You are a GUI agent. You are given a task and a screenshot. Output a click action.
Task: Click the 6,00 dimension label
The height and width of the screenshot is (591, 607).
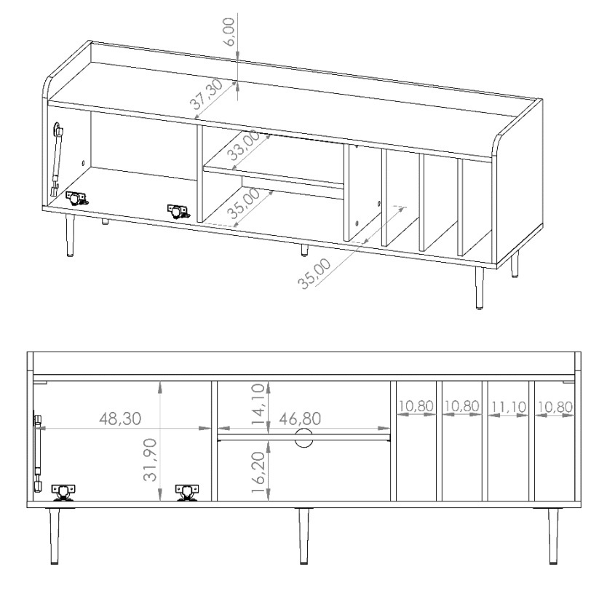point(229,32)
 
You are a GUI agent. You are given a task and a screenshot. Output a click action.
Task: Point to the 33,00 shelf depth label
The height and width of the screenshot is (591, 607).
point(245,145)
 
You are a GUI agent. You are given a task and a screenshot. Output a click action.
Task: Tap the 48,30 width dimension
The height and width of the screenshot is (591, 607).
point(120,419)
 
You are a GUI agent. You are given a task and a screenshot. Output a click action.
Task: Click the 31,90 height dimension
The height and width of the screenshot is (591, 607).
point(151,459)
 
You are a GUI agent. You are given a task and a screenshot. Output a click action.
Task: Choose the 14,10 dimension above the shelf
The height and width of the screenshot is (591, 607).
point(258,404)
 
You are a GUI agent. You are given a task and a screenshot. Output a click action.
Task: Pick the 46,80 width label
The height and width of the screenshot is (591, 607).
point(300,419)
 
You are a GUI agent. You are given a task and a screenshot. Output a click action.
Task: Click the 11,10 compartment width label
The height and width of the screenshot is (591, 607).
point(509,407)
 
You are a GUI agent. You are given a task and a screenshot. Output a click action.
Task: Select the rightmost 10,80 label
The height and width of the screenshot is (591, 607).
point(555,407)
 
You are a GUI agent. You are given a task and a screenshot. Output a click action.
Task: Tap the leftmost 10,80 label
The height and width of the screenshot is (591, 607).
point(416,406)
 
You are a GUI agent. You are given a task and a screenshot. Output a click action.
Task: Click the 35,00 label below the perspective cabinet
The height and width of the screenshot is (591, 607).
point(314,273)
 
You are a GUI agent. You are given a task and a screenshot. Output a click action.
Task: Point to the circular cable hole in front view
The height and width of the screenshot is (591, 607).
point(303,437)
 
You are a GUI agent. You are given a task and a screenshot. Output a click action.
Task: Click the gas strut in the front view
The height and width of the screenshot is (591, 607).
point(38,453)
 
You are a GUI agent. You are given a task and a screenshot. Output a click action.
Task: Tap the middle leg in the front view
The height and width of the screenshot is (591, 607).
point(304,536)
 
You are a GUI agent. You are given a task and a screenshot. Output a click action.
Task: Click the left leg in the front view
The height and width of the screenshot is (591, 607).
point(54,536)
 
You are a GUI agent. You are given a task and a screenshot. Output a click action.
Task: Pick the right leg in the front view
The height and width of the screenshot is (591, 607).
point(554,536)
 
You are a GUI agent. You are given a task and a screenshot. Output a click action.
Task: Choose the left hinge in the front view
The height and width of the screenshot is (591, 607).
point(63,493)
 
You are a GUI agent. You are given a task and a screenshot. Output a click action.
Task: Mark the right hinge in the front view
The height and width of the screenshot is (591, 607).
point(187,493)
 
